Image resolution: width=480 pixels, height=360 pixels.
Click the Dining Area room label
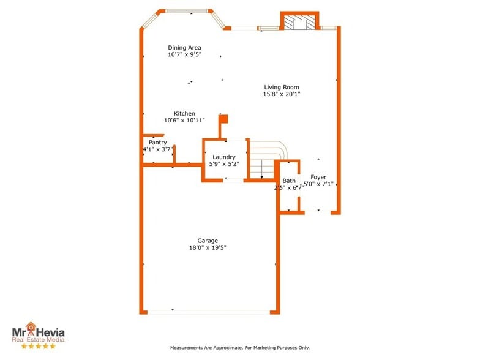click(x=184, y=48)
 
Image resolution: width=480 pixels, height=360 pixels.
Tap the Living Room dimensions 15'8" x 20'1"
click(x=282, y=94)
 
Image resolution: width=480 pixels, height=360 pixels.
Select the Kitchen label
click(x=184, y=114)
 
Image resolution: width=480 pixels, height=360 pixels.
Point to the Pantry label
click(x=157, y=143)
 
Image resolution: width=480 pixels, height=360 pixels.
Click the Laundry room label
click(x=223, y=157)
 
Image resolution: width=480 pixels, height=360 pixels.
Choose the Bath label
click(x=289, y=181)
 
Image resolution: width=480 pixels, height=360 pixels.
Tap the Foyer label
click(x=318, y=177)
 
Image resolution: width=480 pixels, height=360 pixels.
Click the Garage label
click(x=208, y=241)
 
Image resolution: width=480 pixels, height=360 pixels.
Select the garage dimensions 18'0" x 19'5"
click(x=208, y=248)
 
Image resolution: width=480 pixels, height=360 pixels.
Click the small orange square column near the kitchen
click(x=223, y=119)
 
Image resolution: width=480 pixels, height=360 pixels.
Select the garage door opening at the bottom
click(x=208, y=312)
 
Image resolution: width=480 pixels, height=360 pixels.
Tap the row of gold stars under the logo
click(x=38, y=346)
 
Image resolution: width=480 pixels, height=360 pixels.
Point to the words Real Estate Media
click(x=38, y=339)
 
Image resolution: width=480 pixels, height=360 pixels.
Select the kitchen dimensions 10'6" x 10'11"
click(x=184, y=121)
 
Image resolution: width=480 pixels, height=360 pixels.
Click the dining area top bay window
click(x=186, y=10)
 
